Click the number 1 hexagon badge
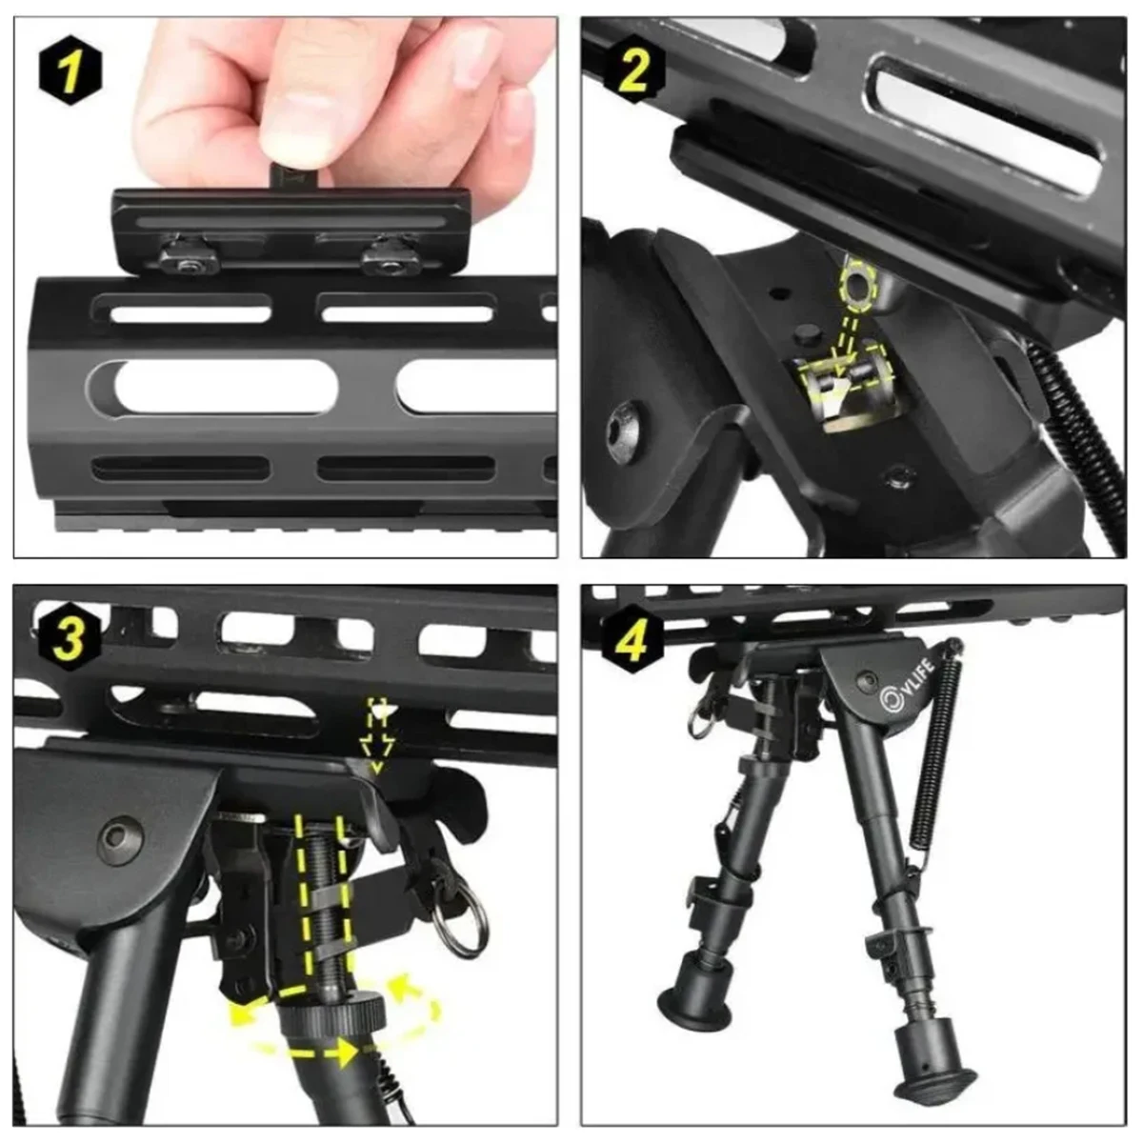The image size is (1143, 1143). coord(70,70)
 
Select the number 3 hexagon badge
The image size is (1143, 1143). coord(68,637)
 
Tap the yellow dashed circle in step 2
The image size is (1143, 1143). coord(856,287)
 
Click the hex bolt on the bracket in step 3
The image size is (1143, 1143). coord(118,839)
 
